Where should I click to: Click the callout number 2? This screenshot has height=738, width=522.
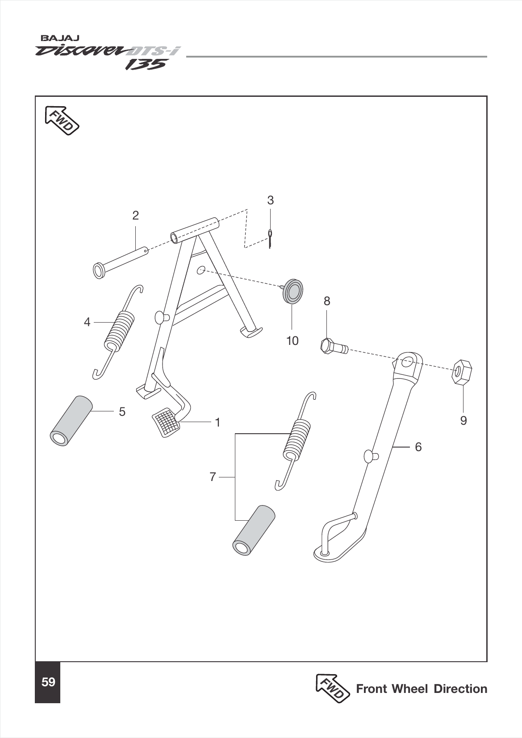135,216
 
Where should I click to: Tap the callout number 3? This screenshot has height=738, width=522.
270,200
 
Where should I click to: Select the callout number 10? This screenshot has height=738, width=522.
292,341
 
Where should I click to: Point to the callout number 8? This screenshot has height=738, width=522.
327,301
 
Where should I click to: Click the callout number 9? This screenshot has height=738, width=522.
464,420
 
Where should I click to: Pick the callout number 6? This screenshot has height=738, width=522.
418,447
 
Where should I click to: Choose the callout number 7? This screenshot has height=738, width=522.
213,477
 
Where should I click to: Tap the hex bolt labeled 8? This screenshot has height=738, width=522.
333,346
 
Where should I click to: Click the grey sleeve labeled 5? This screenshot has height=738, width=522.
71,419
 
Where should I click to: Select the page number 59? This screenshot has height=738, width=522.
48,682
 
